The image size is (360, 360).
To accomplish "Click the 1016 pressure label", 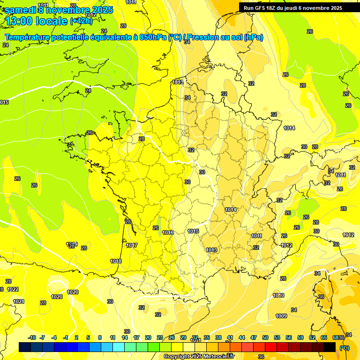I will [168, 232].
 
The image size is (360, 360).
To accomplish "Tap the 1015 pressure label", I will [193, 231].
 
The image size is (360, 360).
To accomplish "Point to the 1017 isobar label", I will [132, 245].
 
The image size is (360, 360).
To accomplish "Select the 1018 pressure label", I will [116, 261].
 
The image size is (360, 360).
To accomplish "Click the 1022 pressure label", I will [13, 289].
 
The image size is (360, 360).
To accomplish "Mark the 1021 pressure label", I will [19, 301].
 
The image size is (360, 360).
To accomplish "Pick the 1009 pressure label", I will [281, 316].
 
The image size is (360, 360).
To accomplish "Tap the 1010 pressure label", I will [278, 295].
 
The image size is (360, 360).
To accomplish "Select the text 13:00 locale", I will [36, 22].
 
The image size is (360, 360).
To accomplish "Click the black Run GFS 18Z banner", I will [292, 8].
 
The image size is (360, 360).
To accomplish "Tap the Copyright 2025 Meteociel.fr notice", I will [199, 356].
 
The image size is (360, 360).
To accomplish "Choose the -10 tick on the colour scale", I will [32, 337].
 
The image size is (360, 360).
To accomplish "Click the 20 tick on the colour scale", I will [148, 337].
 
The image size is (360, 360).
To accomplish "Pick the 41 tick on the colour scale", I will [230, 337].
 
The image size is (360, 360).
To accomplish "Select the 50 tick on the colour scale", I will [265, 337].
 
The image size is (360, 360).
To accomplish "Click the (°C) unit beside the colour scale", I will [344, 348].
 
